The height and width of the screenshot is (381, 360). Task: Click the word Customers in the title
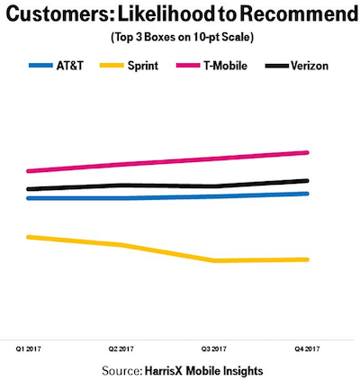click(59, 14)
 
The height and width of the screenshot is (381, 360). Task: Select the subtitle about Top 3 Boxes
click(183, 38)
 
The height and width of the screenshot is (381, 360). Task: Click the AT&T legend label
click(70, 66)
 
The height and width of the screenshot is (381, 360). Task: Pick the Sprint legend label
click(143, 66)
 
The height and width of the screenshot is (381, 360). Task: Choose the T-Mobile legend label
click(226, 66)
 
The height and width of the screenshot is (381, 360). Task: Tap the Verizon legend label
click(310, 66)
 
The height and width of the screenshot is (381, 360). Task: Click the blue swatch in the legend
click(40, 66)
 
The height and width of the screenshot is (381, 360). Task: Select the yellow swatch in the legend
click(112, 66)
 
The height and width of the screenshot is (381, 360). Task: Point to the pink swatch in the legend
click(188, 66)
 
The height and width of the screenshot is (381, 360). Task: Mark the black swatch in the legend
click(277, 66)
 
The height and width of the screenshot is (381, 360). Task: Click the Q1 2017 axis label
click(28, 349)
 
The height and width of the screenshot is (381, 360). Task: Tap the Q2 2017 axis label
click(121, 349)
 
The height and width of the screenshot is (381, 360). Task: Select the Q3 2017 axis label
click(214, 349)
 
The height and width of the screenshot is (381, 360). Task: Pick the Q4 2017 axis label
click(307, 349)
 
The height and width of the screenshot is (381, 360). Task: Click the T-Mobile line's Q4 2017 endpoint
click(307, 153)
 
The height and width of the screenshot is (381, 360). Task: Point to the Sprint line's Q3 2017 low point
click(214, 260)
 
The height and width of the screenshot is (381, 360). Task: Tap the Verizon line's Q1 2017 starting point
click(29, 189)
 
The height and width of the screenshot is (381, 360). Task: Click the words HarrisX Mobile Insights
click(204, 371)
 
